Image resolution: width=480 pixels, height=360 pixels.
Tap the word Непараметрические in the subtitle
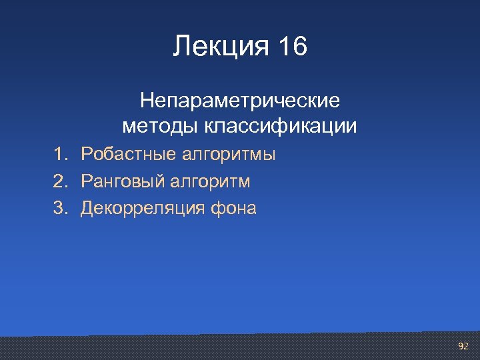[x=239, y=101]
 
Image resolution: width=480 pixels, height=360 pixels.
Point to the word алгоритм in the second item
[x=210, y=182]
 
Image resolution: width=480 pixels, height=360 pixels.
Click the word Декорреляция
[x=143, y=209]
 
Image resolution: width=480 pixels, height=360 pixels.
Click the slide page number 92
[x=463, y=346]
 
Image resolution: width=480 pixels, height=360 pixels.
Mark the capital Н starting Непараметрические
[x=147, y=101]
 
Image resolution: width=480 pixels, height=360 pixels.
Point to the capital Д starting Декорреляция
[x=87, y=209]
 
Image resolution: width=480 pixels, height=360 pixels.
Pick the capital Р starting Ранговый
[x=86, y=181]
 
